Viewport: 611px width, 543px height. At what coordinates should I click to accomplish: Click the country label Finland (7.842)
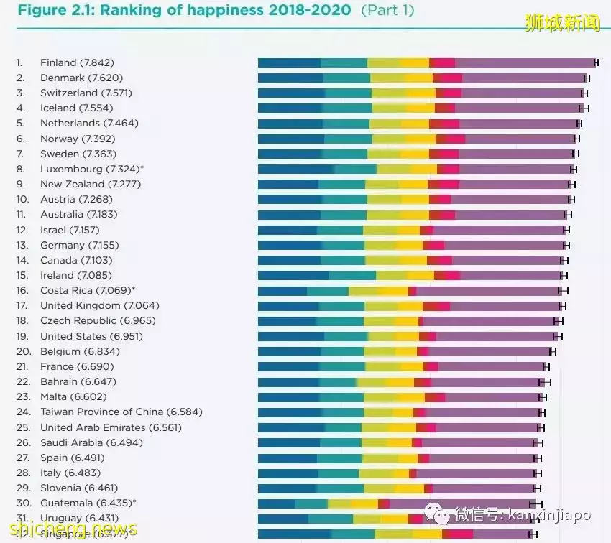(77, 62)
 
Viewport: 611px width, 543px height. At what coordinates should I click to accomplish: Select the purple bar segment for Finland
(525, 62)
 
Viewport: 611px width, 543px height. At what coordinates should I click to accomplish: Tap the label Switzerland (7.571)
(86, 93)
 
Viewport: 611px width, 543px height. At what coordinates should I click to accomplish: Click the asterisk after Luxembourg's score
(142, 168)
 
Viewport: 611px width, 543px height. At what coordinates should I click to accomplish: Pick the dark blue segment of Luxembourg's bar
(295, 169)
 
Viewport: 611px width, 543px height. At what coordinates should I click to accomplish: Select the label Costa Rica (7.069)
(85, 290)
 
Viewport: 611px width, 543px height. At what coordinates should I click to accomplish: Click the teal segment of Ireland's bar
(352, 275)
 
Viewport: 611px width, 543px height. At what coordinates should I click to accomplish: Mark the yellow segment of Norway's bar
(421, 139)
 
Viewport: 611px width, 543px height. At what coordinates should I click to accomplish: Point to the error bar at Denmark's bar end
(587, 78)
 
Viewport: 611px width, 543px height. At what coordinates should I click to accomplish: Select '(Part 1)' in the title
(388, 11)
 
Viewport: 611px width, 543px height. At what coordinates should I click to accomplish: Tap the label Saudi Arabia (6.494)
(81, 442)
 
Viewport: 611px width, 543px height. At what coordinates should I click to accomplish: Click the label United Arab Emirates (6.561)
(111, 427)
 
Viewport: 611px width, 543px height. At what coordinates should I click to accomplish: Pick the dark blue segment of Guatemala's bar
(276, 503)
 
